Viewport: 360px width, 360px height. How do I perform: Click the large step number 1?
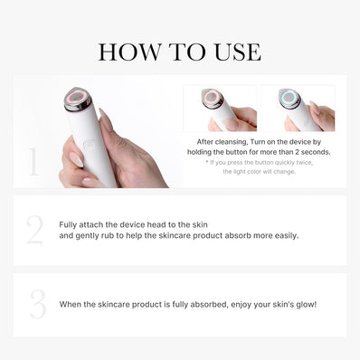coord(33,163)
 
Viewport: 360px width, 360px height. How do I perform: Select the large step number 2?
coord(34,231)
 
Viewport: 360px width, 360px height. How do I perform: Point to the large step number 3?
coord(36,304)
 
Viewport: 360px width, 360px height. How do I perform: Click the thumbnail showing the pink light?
coord(219,109)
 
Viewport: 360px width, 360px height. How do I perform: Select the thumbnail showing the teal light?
coord(298,109)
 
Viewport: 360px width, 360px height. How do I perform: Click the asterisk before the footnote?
coord(207,162)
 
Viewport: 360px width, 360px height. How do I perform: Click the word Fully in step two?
coord(70,223)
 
